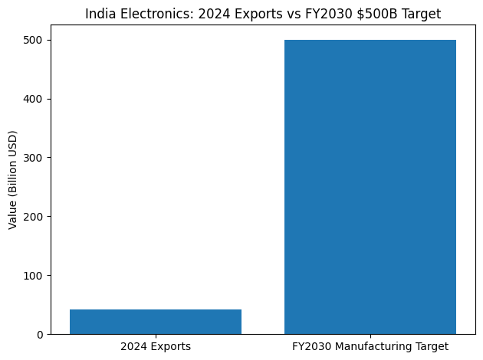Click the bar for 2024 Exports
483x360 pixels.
[156, 322]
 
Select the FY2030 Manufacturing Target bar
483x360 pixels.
[370, 187]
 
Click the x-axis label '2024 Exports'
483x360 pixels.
[156, 347]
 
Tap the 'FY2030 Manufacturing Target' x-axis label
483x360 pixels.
[370, 347]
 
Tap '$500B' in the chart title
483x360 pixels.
[382, 14]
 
